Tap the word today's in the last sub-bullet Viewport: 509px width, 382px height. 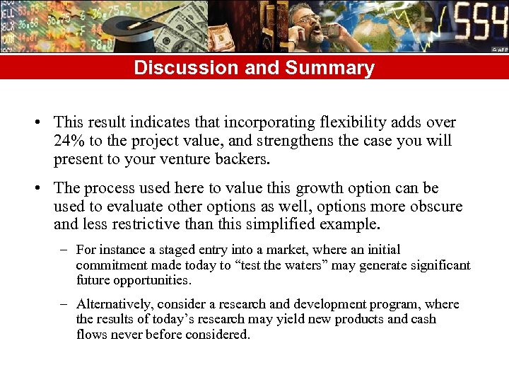click(x=159, y=319)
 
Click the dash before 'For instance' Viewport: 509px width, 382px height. click(x=64, y=250)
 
